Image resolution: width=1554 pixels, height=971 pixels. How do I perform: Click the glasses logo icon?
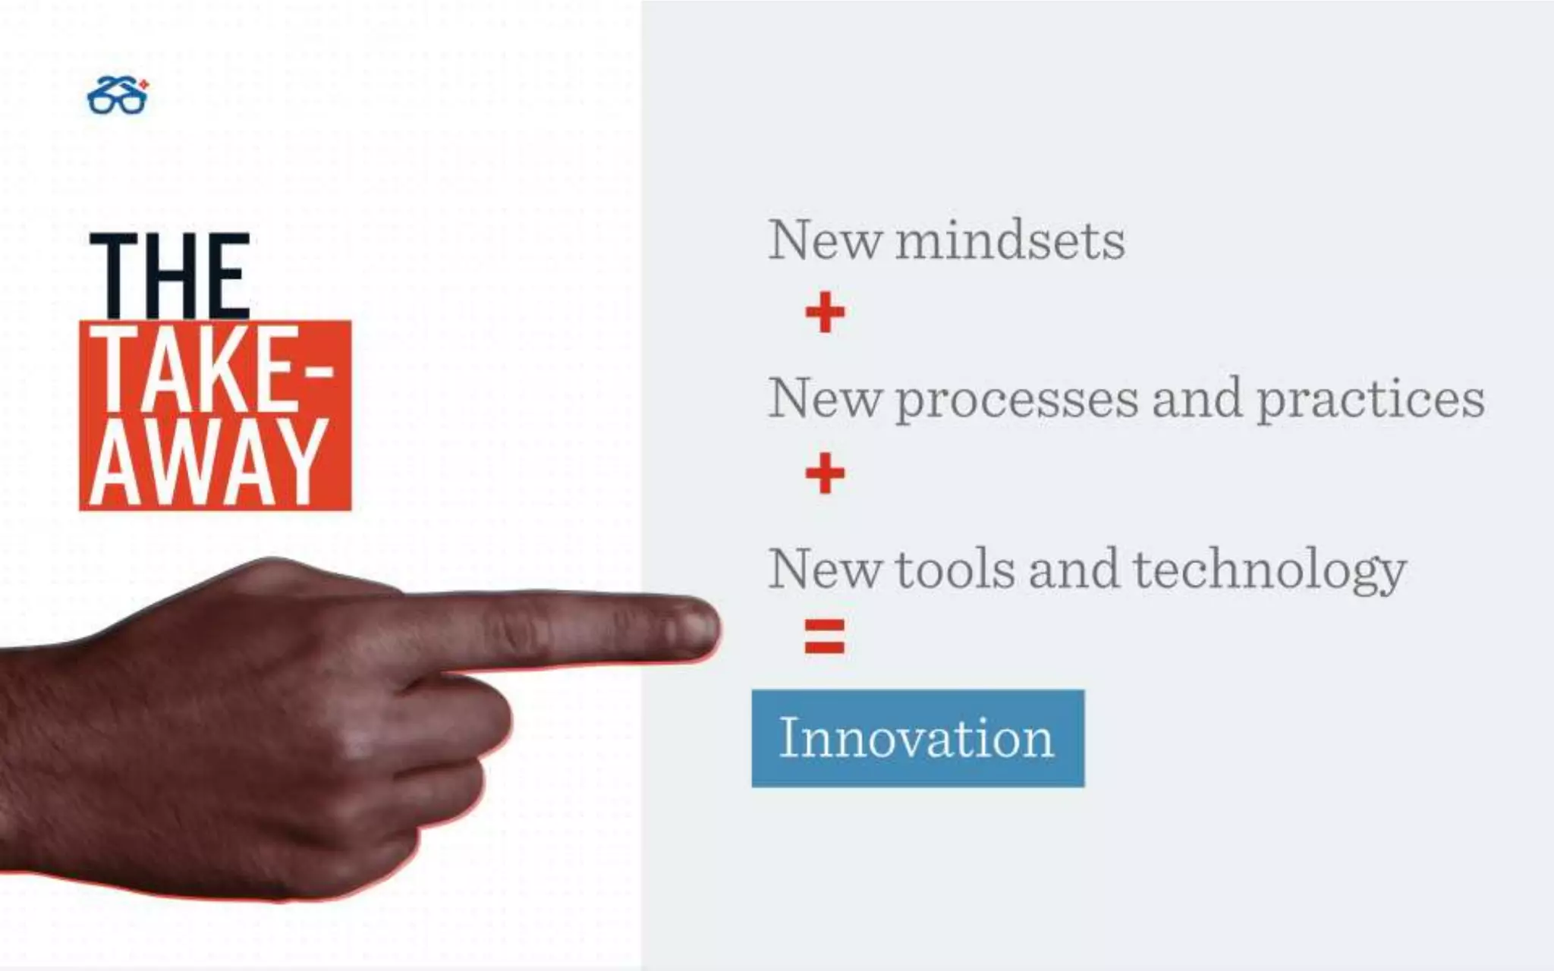point(118,96)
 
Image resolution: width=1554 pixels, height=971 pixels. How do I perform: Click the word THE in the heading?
point(170,276)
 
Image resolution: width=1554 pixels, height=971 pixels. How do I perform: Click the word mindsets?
point(1010,241)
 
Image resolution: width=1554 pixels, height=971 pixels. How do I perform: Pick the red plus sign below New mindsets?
point(825,312)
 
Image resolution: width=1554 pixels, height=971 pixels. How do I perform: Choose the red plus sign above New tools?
point(825,473)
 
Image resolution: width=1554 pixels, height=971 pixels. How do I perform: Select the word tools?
point(955,570)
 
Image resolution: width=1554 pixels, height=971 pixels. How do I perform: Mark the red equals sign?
point(825,636)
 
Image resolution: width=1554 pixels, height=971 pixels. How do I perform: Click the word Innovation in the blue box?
point(917,738)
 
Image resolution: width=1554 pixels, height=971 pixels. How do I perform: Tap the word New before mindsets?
point(825,241)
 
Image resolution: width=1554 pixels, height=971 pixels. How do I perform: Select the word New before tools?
point(825,570)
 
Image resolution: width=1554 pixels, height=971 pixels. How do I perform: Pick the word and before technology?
point(1074,570)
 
